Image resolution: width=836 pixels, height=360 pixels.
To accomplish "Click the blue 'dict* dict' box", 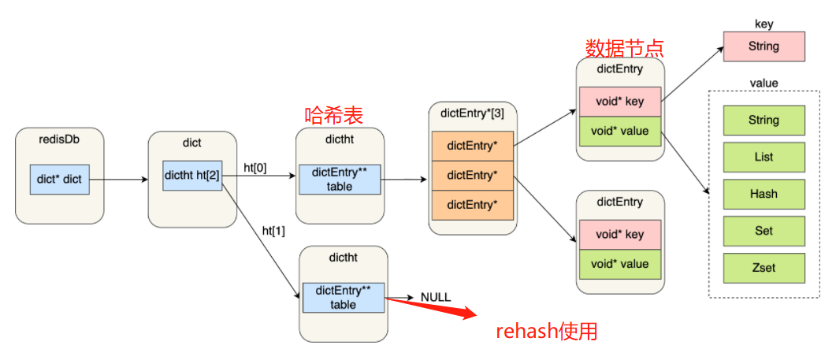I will pos(59,180).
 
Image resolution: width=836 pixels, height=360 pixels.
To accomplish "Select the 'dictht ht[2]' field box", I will pos(192,176).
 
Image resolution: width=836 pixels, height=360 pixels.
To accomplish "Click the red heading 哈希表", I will pos(334,115).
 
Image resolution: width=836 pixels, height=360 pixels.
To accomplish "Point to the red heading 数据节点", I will pos(624,48).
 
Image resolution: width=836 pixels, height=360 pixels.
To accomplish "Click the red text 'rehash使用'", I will pos(546,332).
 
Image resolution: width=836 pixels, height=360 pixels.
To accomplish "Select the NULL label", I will pos(436,297).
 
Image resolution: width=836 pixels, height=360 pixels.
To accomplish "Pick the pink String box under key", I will pos(764,46).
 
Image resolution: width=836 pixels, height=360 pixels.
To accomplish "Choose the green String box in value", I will pos(764,121).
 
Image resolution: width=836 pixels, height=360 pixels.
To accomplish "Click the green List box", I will pos(764,158).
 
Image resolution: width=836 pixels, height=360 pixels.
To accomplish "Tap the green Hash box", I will pos(764,194).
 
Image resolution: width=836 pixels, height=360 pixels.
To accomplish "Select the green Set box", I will pos(764,231).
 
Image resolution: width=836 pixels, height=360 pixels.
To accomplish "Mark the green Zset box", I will pos(764,268).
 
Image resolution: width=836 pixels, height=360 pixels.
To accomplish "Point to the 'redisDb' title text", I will pos(59,142).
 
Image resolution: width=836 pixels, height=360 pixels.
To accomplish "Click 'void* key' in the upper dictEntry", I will pos(620,101).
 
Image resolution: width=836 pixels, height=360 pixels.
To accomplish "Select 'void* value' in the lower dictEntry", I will pos(620,263).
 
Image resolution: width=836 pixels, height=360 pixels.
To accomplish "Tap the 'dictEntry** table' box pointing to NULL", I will pos(343,298).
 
